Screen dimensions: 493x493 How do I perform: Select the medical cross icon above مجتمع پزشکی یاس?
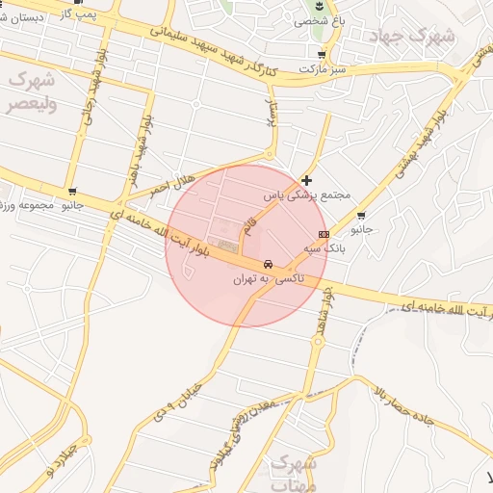pos(306,180)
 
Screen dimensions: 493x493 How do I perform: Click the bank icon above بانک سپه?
pos(324,234)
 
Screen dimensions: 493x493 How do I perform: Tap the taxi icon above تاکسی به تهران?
pos(269,264)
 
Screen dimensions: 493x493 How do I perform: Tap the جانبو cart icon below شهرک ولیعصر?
pos(73,192)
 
